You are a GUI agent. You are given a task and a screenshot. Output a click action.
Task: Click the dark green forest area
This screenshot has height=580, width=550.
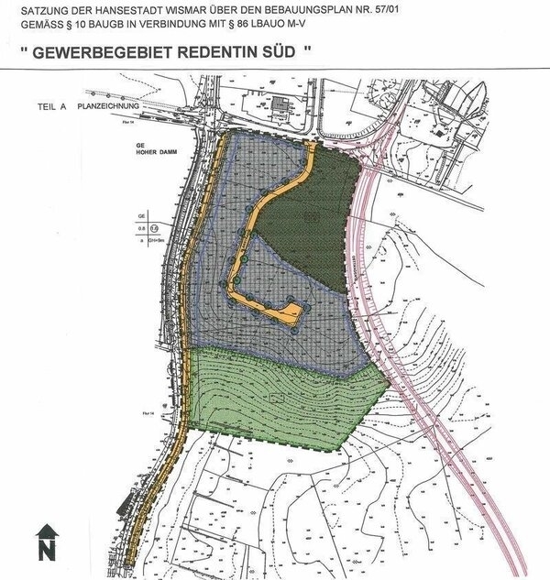click(x=302, y=229)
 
